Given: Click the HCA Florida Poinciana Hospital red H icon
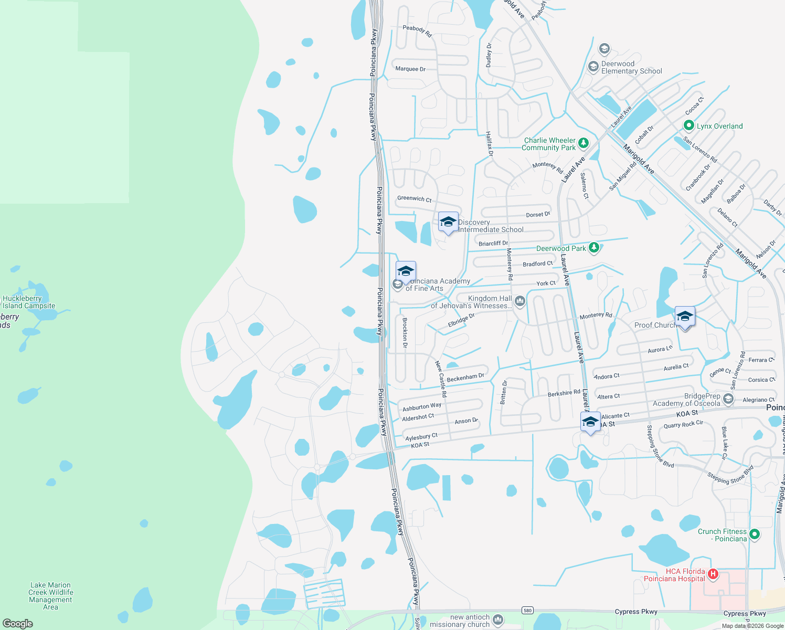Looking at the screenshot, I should point(713,574).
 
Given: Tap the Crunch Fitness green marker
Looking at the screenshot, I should point(755,534).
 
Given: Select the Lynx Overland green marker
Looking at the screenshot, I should point(688,125).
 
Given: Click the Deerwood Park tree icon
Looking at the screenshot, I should point(593,247).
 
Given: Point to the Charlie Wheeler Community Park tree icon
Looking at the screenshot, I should point(583,143).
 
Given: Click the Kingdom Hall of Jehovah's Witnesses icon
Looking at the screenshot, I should point(519,301).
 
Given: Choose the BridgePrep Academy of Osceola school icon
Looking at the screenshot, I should point(728,399).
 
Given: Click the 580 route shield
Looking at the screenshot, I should point(527,610).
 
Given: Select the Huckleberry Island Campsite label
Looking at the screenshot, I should point(29,302).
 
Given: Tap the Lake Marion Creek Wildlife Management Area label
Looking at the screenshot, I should point(50,596).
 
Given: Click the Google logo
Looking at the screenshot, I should point(18,624).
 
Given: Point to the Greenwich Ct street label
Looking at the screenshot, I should point(414,198).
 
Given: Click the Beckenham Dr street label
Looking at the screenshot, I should point(465,377).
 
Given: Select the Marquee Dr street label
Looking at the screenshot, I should point(410,69).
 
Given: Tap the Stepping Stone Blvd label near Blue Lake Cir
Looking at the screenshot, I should point(730,475).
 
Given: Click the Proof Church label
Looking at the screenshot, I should point(654,325).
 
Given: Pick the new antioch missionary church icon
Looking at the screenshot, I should point(498,620).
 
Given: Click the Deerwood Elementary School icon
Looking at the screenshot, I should point(593,67).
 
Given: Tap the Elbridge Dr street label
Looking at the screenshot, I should point(461,320).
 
